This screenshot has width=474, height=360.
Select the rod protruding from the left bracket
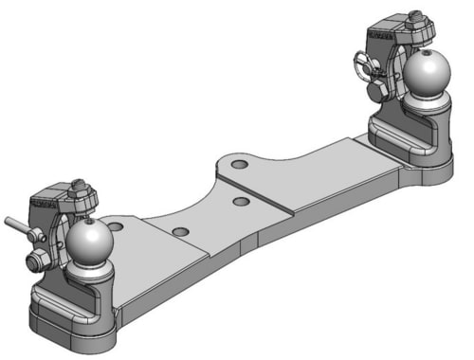click(x=15, y=225)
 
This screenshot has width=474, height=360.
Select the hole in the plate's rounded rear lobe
click(x=240, y=165)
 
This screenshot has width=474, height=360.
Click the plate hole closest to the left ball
click(x=116, y=225)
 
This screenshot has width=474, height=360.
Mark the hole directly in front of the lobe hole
click(x=242, y=202)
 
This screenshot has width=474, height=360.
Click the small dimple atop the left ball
click(x=91, y=224)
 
